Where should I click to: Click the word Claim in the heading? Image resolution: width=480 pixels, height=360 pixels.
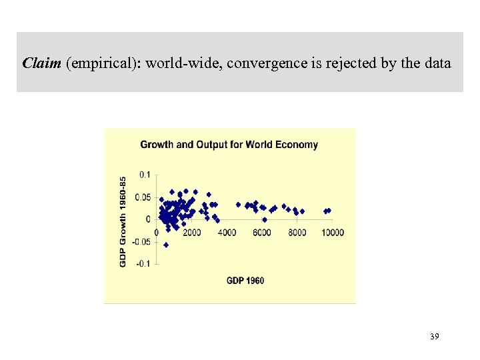click(42, 64)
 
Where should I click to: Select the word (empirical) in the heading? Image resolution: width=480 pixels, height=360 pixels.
click(103, 64)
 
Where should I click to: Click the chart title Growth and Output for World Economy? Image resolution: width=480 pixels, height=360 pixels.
click(229, 144)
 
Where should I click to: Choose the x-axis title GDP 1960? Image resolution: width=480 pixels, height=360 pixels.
click(245, 280)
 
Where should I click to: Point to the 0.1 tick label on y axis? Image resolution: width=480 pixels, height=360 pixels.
click(145, 174)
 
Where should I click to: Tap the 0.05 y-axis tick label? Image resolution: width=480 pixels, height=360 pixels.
click(142, 197)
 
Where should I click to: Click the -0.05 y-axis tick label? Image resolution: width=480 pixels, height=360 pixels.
click(141, 241)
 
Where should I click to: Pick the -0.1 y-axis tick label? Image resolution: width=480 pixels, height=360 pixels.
click(143, 264)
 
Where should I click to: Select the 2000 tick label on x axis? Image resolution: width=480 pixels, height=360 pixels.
click(191, 232)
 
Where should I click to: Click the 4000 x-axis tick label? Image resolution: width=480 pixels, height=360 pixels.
click(227, 232)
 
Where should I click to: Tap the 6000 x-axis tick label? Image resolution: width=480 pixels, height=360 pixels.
click(262, 232)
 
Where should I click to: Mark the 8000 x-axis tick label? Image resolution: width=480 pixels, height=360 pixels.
click(297, 232)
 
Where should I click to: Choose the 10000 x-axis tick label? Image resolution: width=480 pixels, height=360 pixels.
click(333, 232)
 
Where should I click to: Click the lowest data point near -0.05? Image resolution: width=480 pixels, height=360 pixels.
click(166, 245)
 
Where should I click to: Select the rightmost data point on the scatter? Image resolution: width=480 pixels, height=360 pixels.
click(329, 211)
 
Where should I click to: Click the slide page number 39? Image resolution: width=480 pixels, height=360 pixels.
click(434, 337)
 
